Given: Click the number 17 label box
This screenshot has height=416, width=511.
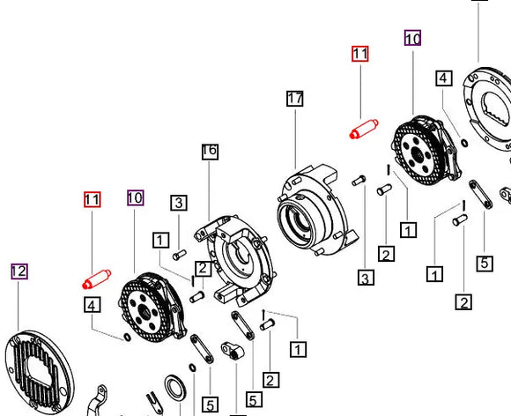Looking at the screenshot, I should (x=294, y=99).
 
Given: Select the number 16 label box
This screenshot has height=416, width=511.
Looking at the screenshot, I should (x=209, y=151).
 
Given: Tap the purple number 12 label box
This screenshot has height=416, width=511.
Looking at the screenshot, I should (x=19, y=271).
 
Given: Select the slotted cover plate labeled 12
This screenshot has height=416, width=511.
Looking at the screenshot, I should (x=39, y=370).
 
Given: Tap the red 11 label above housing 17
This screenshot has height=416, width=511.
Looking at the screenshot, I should (x=359, y=53).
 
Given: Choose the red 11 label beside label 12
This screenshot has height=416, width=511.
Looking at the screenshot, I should (x=92, y=199).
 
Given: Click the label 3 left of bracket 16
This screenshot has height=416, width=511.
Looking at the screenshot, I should (x=178, y=203).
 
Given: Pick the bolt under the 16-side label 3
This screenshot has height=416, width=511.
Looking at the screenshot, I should (x=179, y=256).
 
